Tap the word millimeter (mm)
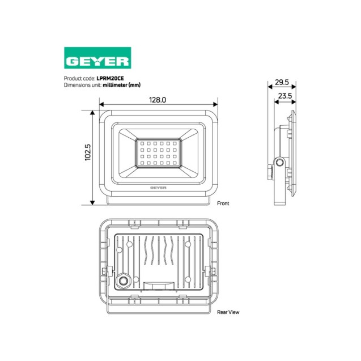[121, 85]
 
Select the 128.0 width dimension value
[157, 100]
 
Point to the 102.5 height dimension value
[88, 153]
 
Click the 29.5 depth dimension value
[282, 82]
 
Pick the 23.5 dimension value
[284, 96]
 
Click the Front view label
[223, 202]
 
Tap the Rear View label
[227, 312]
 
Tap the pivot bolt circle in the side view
[279, 163]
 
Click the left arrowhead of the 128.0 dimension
[101, 104]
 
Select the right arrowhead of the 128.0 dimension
[216, 104]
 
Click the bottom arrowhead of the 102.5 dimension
[92, 203]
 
